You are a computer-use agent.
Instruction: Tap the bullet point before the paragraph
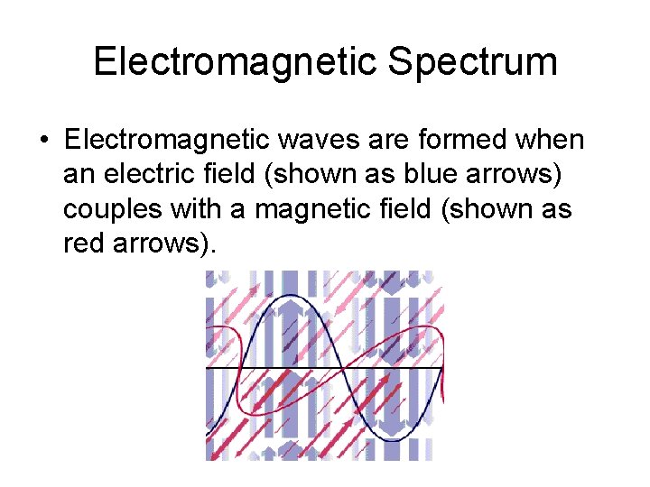[x=43, y=142]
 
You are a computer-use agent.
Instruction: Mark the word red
[x=86, y=243]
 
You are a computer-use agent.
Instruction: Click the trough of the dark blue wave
[x=395, y=441]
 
